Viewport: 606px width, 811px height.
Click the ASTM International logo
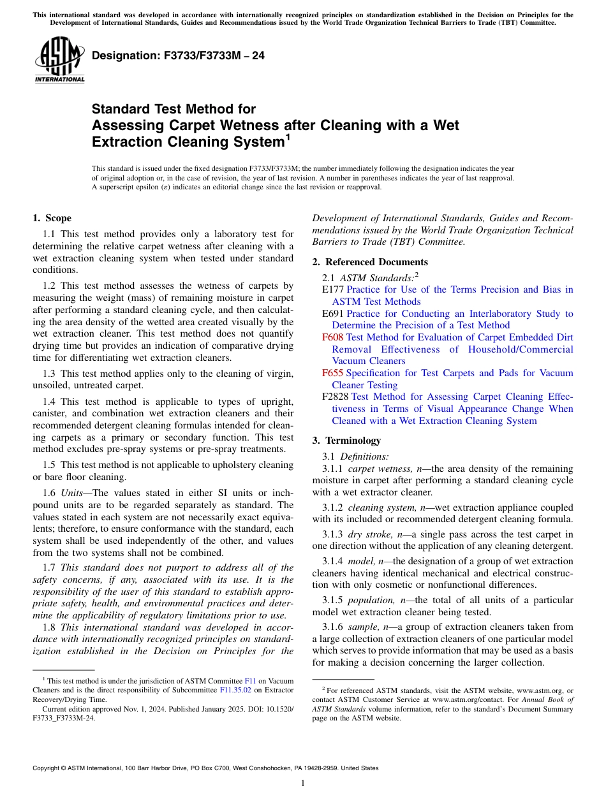(x=59, y=61)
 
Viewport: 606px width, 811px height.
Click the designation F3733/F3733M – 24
(x=178, y=56)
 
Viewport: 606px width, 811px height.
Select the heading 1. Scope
(x=52, y=218)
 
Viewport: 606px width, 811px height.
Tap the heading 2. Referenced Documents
(x=370, y=262)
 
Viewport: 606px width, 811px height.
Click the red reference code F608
(x=332, y=337)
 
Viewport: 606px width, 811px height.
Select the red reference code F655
(x=332, y=373)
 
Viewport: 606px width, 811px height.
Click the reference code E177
(x=333, y=289)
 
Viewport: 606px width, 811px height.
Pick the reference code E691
(x=333, y=314)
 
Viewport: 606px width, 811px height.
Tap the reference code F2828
(x=336, y=397)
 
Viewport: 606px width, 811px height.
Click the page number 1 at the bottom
(x=303, y=784)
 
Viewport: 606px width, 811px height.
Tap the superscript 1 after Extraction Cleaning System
(x=288, y=136)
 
